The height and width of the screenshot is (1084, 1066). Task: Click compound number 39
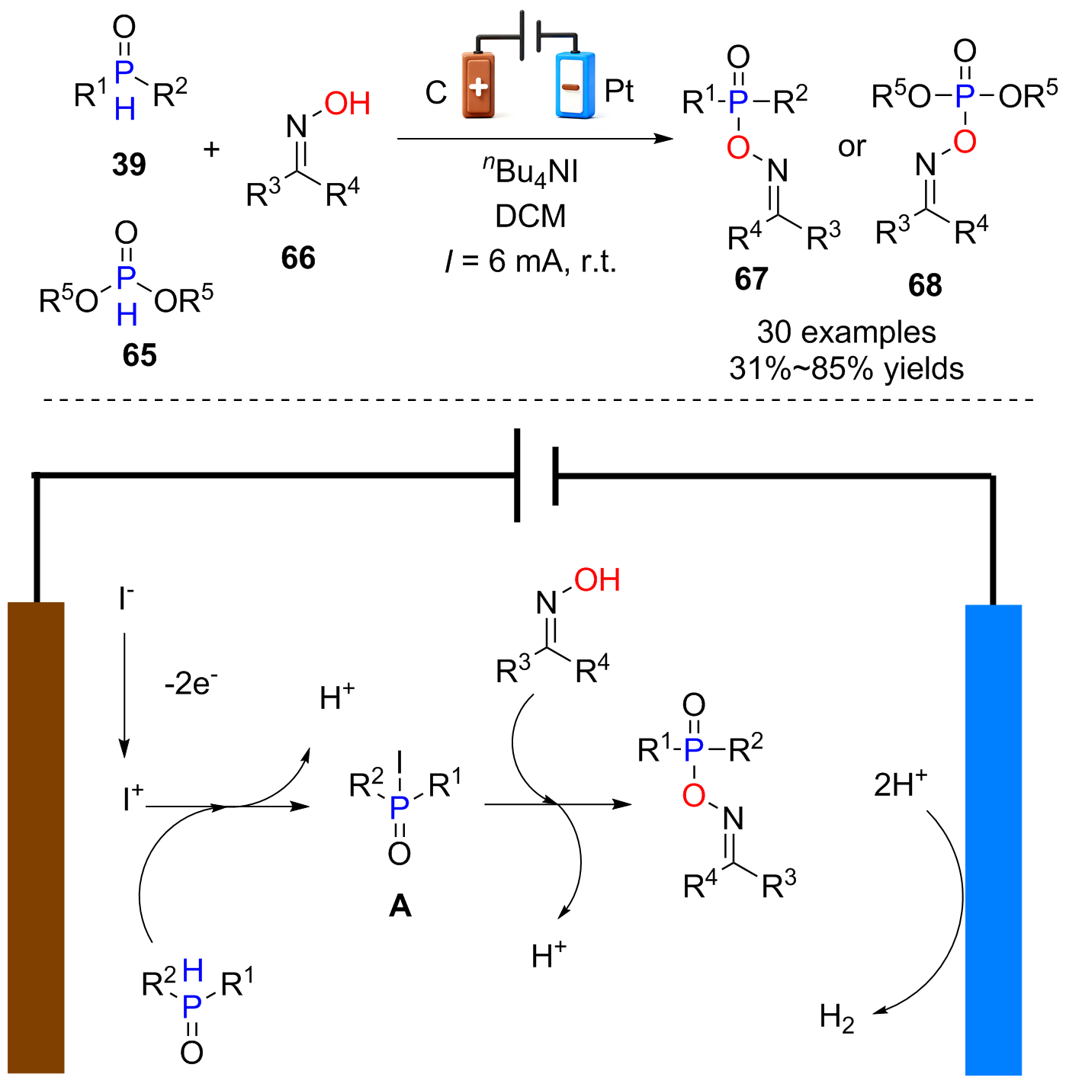[x=129, y=164]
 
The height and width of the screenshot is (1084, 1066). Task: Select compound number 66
[x=298, y=258]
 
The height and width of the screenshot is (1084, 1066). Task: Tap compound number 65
[x=140, y=355]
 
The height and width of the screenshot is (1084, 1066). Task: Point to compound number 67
[x=751, y=279]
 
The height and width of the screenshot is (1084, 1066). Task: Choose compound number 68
[x=925, y=285]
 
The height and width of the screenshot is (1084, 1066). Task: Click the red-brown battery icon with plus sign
[x=479, y=85]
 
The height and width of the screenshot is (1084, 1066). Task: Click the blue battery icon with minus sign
[x=575, y=85]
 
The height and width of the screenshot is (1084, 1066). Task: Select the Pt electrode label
[x=619, y=91]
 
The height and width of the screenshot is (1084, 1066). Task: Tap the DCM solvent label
[x=530, y=216]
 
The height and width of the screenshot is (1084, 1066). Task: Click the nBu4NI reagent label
[x=530, y=171]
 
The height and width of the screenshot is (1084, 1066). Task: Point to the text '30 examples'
[x=846, y=332]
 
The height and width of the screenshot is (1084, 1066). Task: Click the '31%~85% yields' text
[x=846, y=369]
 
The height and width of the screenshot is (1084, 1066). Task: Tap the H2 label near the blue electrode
[x=836, y=1018]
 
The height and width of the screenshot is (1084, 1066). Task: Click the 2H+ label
[x=900, y=784]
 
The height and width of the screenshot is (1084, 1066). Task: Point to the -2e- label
[x=191, y=684]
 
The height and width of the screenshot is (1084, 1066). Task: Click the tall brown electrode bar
[x=36, y=838]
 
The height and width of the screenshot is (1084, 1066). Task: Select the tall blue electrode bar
[x=994, y=840]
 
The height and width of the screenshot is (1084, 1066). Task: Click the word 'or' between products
[x=852, y=147]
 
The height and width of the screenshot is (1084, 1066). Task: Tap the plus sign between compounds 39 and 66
[x=212, y=149]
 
